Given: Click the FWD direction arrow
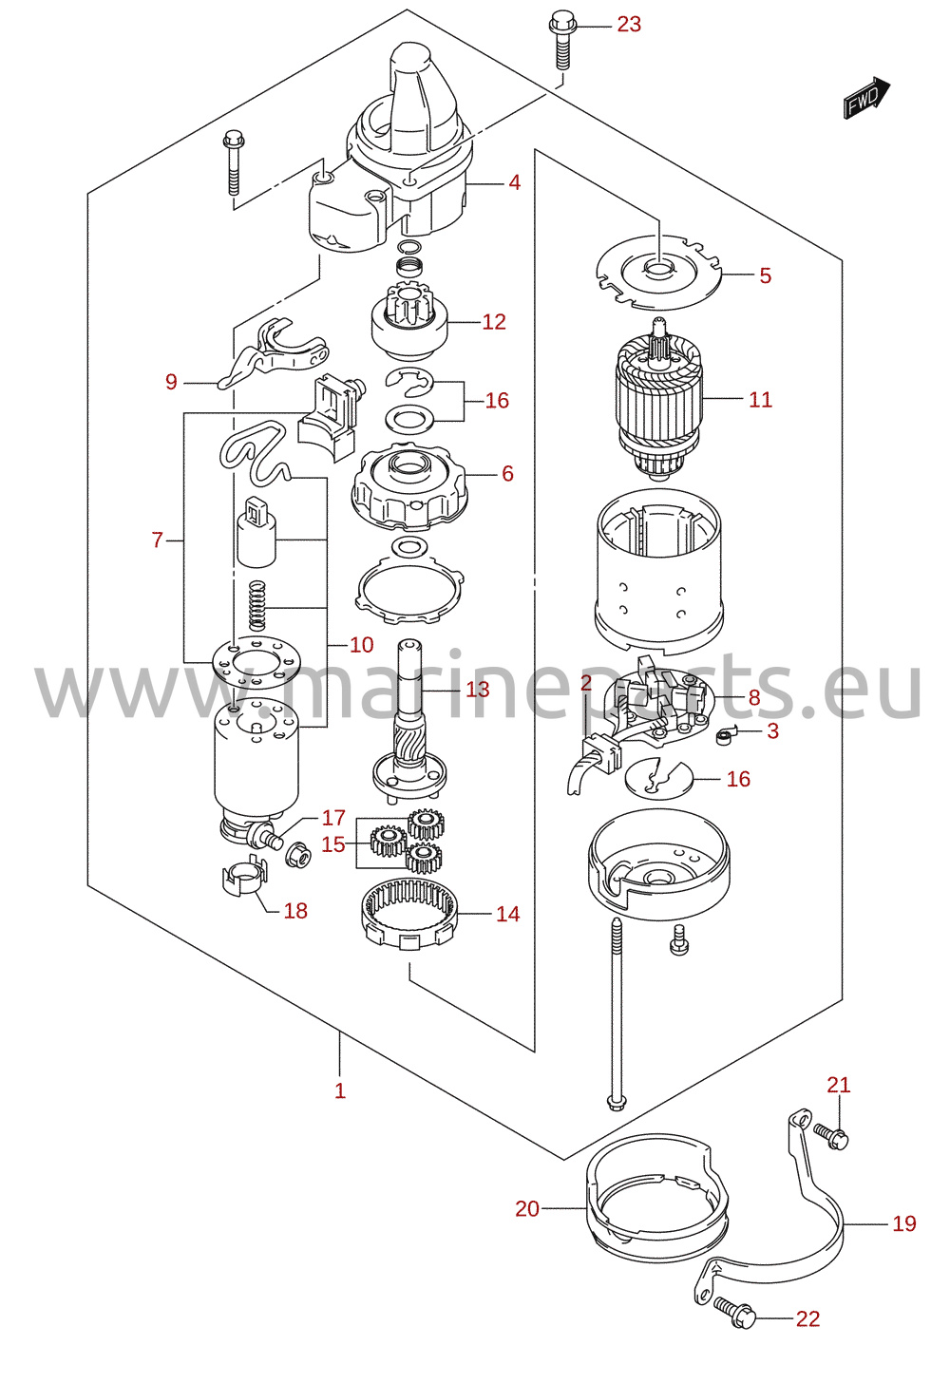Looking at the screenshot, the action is (x=867, y=98).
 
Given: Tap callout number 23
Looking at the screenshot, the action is (x=629, y=25).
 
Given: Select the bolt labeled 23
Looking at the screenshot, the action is (x=561, y=38).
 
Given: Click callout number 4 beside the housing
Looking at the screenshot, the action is (x=515, y=182).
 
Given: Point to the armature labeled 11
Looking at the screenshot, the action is (x=658, y=399).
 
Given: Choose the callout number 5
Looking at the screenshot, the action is (x=766, y=275).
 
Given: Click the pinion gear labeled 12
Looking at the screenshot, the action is (x=408, y=321).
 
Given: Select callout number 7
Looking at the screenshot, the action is (x=157, y=540).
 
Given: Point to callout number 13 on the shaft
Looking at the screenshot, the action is (x=478, y=689).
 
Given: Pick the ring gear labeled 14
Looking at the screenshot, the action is (x=409, y=915).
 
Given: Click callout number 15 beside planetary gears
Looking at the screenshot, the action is (x=332, y=844).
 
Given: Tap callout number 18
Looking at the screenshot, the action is (x=295, y=911).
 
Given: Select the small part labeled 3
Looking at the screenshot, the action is (x=724, y=736).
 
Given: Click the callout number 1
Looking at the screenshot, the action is (x=340, y=1091).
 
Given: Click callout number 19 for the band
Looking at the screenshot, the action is (x=904, y=1223).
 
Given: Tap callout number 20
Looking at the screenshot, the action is (x=527, y=1209).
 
